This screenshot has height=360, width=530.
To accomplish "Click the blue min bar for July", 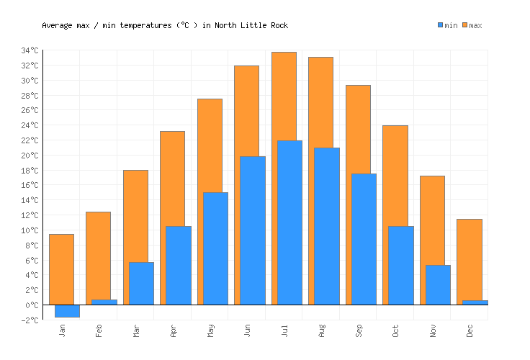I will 289,222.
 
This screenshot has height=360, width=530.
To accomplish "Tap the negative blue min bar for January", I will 67,311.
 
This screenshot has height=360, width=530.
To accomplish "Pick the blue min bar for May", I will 215,248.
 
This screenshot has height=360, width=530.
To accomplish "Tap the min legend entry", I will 447,25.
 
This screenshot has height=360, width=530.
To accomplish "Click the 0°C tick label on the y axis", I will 33,305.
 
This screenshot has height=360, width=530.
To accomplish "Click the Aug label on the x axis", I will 322,330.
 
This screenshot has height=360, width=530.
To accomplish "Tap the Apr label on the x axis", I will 174,330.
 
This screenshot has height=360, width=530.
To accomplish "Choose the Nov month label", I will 434,330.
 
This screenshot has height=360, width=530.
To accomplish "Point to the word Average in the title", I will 58,25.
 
